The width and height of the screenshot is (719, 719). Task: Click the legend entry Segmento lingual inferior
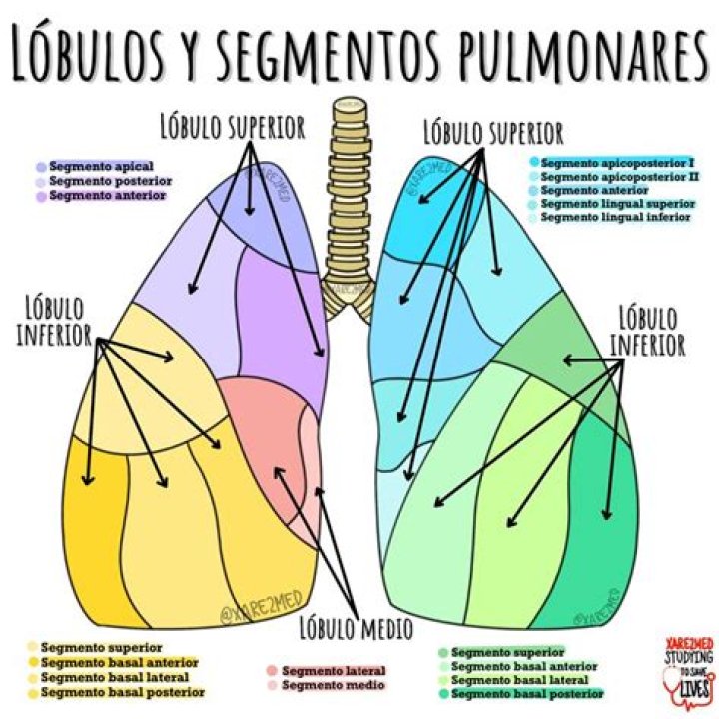click(x=615, y=217)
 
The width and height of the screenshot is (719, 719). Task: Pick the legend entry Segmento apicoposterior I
click(x=616, y=161)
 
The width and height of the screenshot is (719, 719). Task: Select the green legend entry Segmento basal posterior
click(x=526, y=692)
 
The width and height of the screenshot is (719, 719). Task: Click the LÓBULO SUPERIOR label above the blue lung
click(x=493, y=132)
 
